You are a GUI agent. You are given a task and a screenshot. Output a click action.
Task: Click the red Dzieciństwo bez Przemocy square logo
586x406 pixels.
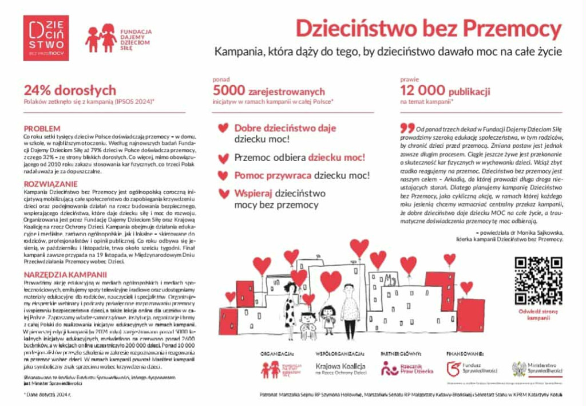pos(46,38)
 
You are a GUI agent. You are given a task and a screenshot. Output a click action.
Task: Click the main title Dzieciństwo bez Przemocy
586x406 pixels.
pos(428,27)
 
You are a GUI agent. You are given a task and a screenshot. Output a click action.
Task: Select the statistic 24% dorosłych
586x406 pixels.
pos(70,90)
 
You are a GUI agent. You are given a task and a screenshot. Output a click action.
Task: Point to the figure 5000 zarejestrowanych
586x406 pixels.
pos(268,90)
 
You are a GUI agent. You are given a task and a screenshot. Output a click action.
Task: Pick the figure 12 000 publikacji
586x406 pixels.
pos(445,90)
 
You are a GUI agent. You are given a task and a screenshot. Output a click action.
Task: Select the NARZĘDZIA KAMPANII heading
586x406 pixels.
pos(65,274)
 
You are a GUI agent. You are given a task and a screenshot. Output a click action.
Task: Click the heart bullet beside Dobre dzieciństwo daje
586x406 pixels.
pos(223,128)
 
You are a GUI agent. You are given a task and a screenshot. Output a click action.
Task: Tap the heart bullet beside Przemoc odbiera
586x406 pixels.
pos(223,157)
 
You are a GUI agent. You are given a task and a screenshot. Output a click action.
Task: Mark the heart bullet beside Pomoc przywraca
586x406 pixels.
pos(223,175)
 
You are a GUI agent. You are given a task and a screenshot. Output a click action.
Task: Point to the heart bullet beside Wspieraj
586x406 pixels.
pos(223,194)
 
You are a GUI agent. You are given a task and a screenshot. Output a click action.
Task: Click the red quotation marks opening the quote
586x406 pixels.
pos(407,127)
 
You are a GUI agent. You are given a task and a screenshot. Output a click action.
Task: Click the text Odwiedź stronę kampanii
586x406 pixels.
pos(537,314)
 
